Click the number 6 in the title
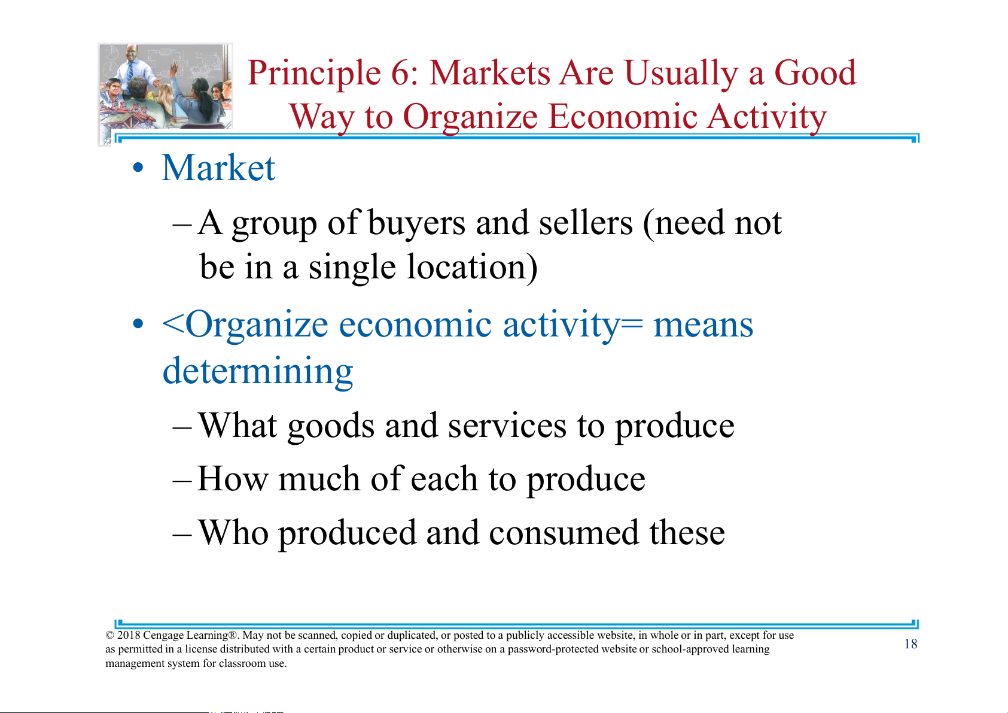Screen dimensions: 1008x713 400,73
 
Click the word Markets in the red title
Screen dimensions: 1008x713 489,73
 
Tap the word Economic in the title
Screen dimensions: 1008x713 622,117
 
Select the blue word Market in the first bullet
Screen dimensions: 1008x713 218,168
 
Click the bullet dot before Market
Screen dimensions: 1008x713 138,168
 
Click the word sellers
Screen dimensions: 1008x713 586,223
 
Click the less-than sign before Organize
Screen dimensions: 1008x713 173,324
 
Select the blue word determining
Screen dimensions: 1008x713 257,372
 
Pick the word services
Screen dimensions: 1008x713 507,426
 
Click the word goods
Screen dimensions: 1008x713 331,427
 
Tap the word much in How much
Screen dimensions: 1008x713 319,479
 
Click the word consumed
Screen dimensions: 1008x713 564,533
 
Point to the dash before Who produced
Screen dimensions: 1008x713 182,535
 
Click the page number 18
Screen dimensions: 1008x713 910,644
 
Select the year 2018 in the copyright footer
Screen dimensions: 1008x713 129,635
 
